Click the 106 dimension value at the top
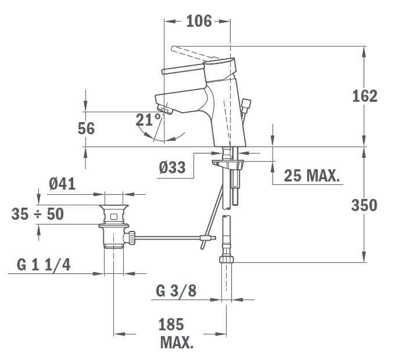point(199,21)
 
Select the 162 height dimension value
point(365,97)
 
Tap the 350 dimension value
point(364,205)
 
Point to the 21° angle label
point(149,120)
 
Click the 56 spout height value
point(86,129)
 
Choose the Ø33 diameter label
point(173,167)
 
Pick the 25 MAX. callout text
point(311,175)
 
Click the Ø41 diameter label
point(62,184)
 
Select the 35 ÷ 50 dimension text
point(38,214)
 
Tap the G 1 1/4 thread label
point(44,265)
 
